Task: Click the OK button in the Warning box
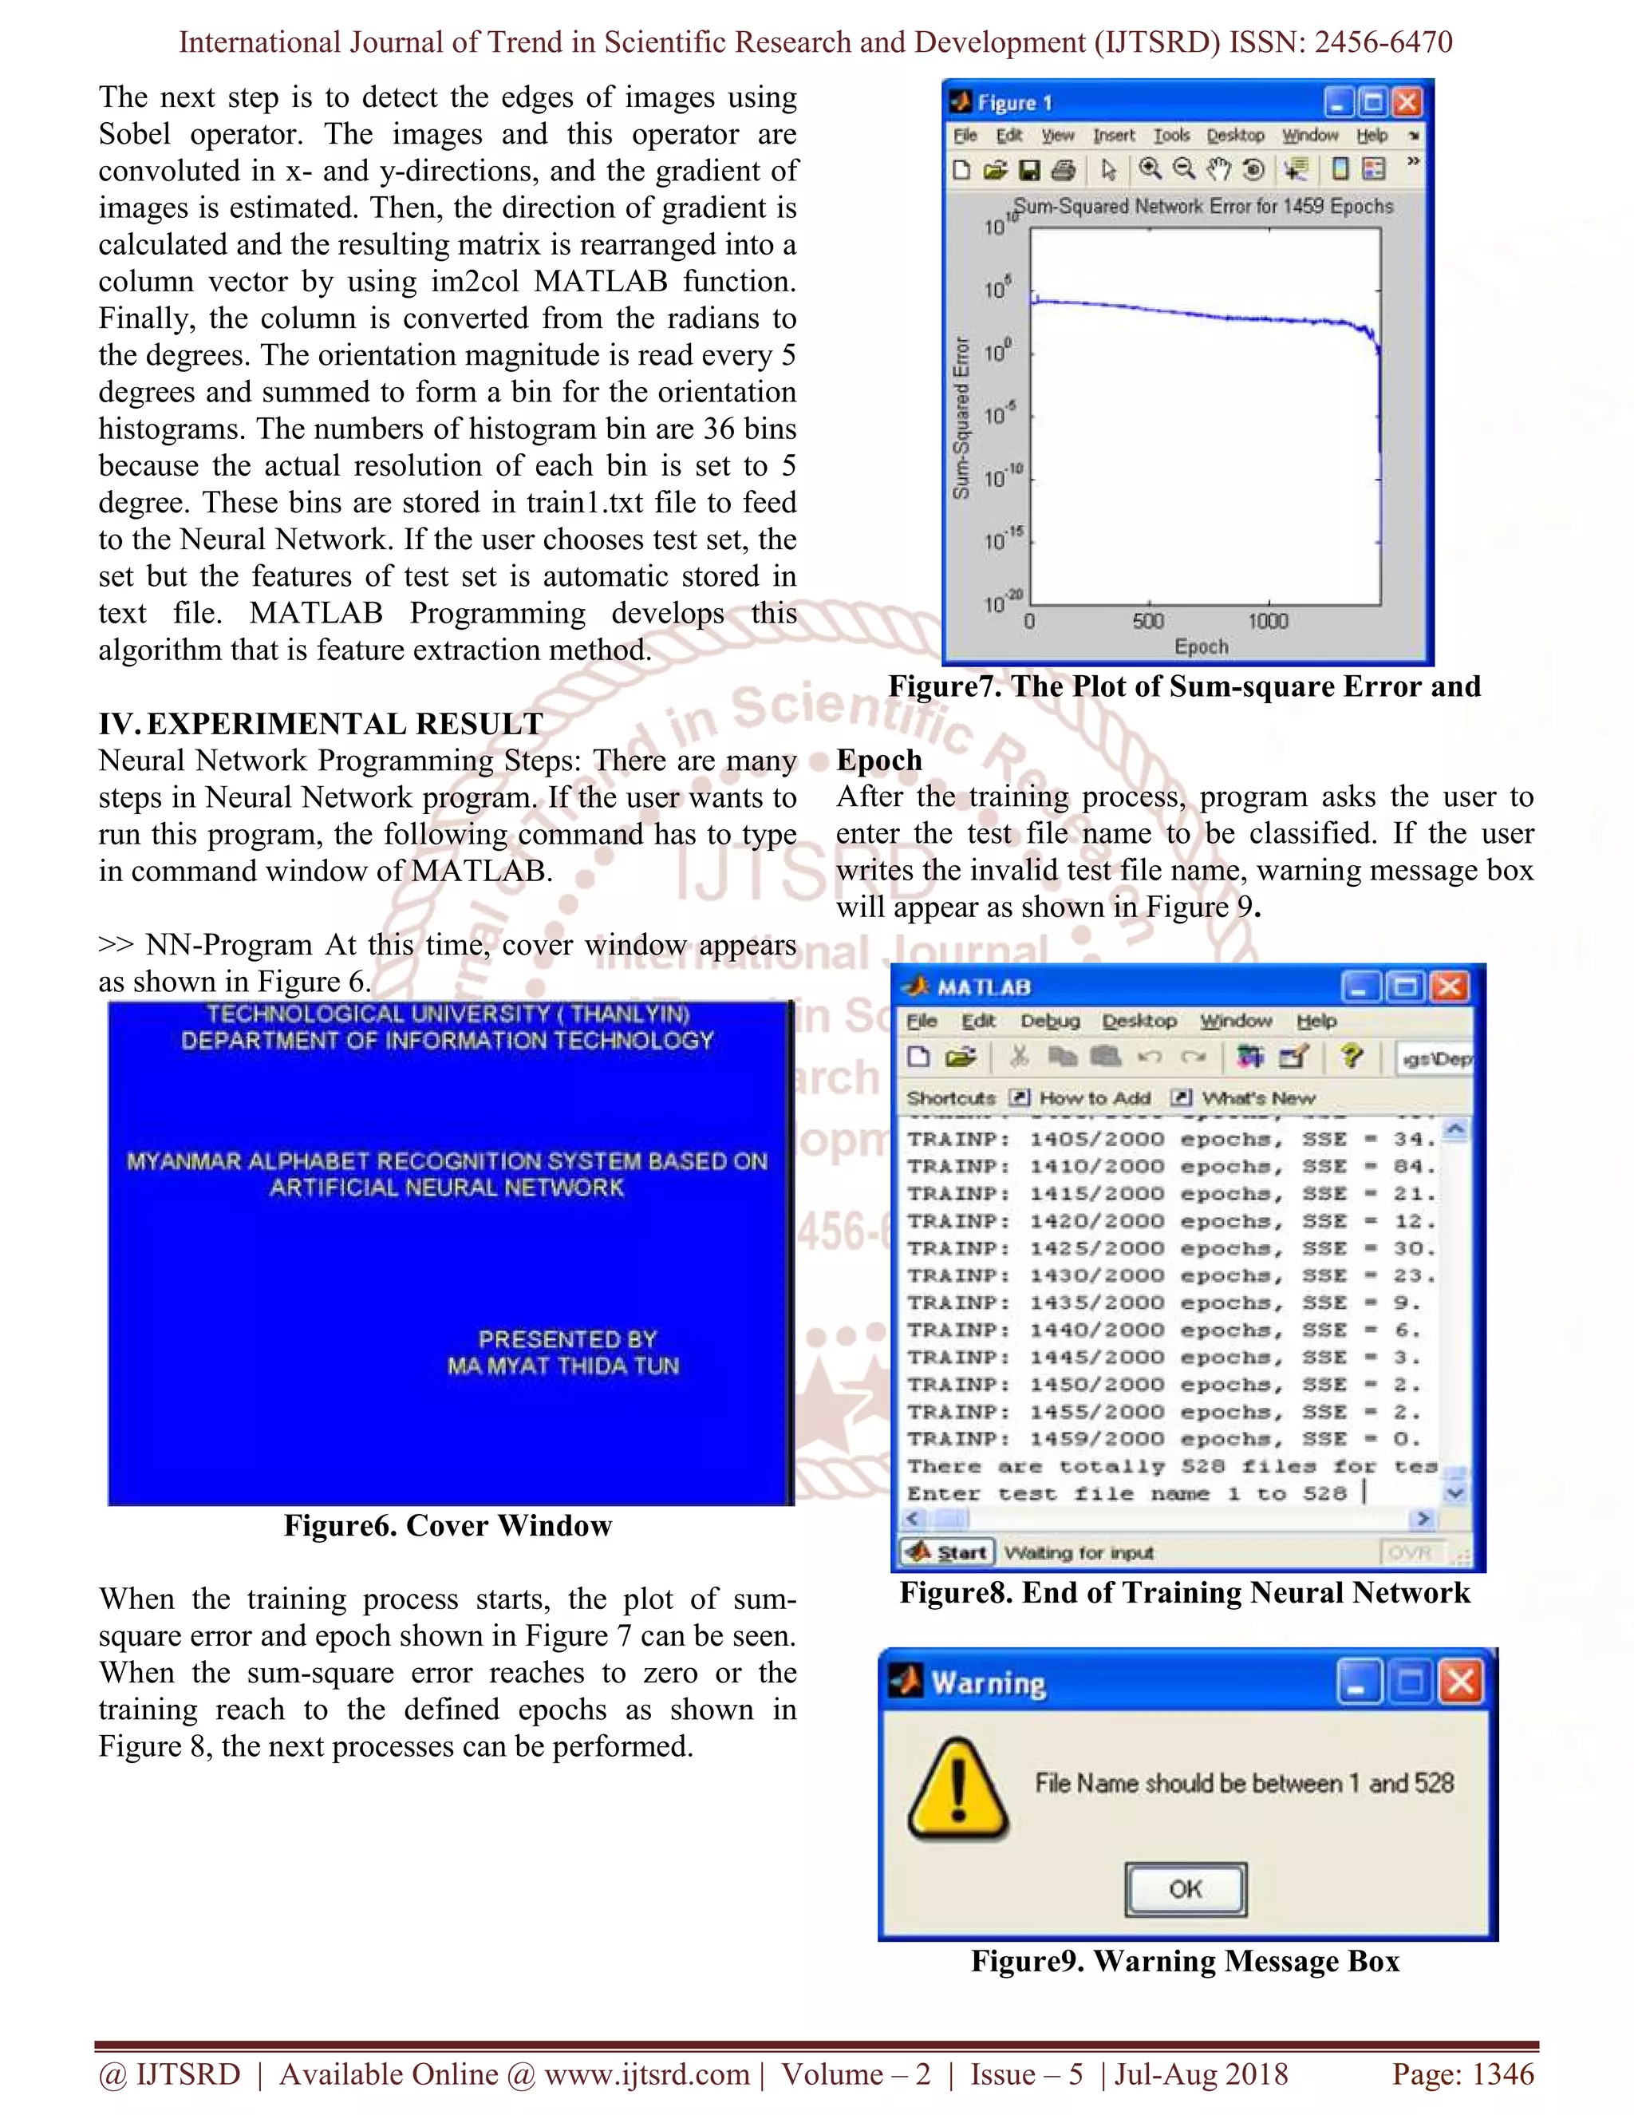[x=1186, y=1888]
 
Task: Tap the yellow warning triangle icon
[x=958, y=1791]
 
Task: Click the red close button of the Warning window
[x=1460, y=1682]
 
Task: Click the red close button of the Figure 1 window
[x=1407, y=101]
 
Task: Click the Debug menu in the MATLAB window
[x=1049, y=1021]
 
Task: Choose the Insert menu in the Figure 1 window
[x=1113, y=136]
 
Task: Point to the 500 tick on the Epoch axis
[x=1148, y=621]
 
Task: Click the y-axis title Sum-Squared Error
[x=961, y=418]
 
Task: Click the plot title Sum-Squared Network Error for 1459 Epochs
[x=1203, y=206]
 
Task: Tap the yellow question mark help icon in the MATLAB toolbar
[x=1352, y=1057]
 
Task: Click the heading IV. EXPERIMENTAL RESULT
[x=321, y=723]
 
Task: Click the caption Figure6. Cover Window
[x=448, y=1525]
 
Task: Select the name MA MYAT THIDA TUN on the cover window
[x=562, y=1366]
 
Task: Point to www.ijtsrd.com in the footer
[x=646, y=2073]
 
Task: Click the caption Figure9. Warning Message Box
[x=1185, y=1961]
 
